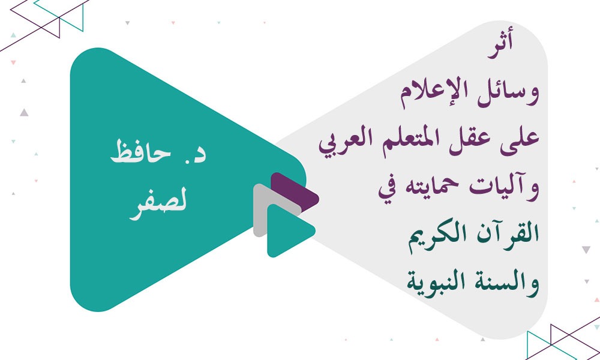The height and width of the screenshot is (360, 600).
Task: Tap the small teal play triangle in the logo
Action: pyautogui.click(x=286, y=231)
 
